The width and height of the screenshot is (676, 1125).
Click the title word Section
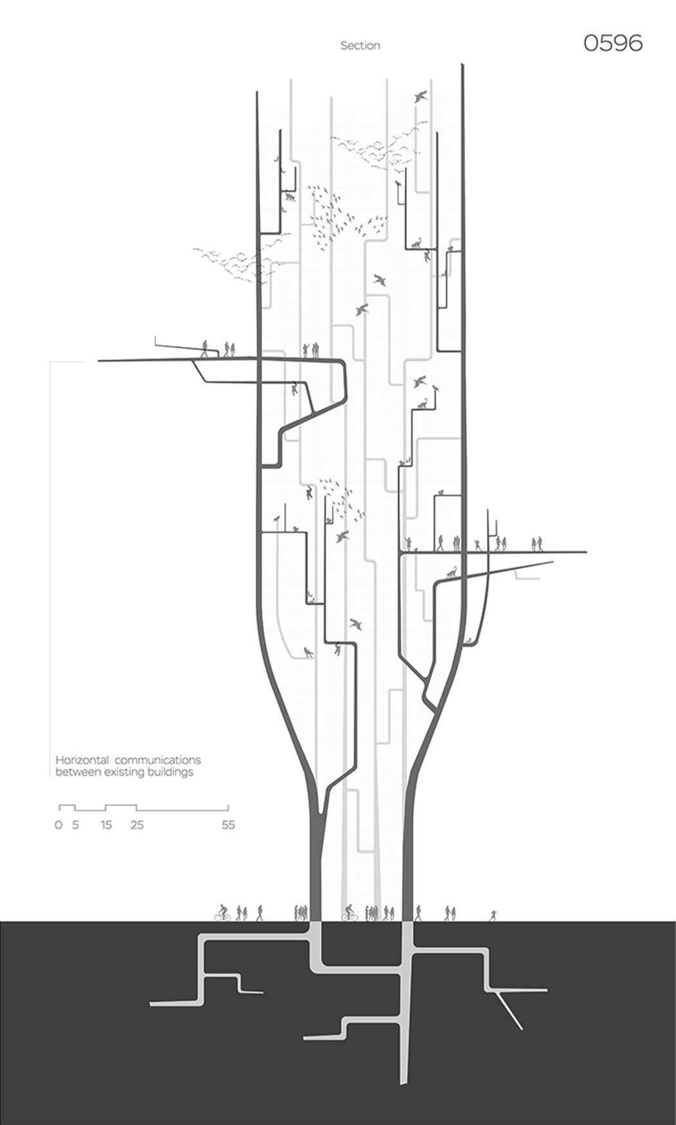(360, 46)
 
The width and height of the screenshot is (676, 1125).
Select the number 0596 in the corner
(613, 43)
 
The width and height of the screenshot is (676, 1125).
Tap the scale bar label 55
(228, 825)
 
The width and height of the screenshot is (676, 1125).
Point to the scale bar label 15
(106, 825)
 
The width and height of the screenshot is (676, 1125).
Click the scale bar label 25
(136, 825)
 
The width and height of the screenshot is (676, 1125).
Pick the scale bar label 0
(59, 825)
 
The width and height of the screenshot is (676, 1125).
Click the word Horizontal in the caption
(77, 760)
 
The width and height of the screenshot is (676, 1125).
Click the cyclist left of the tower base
(222, 912)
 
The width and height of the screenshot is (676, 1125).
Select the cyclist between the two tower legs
(349, 912)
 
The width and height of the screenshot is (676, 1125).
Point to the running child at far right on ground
(493, 915)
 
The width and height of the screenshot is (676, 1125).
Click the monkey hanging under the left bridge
(295, 389)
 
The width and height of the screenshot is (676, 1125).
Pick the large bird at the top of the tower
(421, 96)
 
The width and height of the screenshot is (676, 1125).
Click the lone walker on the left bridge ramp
(205, 348)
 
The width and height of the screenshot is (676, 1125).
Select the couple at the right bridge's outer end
(537, 544)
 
